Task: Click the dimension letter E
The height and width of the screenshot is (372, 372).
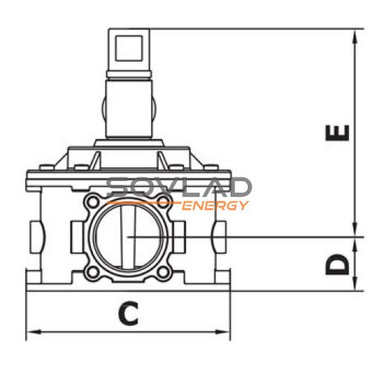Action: tap(338, 133)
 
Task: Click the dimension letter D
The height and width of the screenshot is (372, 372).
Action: tap(338, 264)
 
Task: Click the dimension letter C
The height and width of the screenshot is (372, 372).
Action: tap(128, 313)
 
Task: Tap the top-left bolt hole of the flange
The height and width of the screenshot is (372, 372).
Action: tap(93, 202)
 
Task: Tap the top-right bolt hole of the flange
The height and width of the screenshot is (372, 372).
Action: tap(164, 201)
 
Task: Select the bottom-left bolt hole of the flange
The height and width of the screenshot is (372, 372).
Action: tap(93, 272)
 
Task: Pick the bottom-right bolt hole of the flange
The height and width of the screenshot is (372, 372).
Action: tap(163, 272)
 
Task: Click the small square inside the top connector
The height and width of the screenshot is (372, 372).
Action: tap(129, 48)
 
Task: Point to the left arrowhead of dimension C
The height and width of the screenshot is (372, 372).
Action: tap(33, 332)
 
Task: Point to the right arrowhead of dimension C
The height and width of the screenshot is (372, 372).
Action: tap(223, 332)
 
